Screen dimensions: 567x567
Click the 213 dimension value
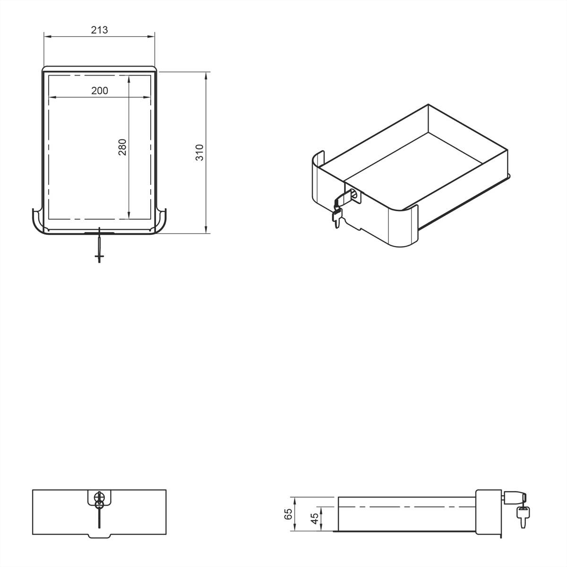tap(99, 30)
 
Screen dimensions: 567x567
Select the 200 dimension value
tap(99, 91)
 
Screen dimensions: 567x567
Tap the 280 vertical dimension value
tap(122, 147)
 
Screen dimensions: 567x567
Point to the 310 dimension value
tap(200, 152)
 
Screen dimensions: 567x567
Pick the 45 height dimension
tap(314, 519)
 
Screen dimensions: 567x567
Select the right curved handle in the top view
tap(161, 222)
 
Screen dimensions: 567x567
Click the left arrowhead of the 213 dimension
tap(46, 35)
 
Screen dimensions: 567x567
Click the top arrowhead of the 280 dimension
tap(129, 77)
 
